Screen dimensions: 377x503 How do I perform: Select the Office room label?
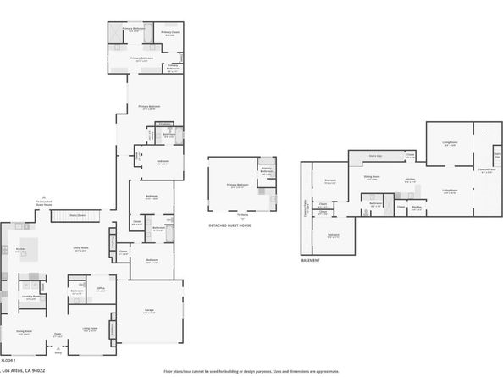(x=101, y=291)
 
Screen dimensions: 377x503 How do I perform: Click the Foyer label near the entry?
(x=58, y=335)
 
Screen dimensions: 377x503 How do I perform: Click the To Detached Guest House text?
(x=44, y=202)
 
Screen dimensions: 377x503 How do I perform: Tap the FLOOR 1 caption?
(x=8, y=361)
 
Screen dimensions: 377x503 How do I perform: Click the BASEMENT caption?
(x=311, y=260)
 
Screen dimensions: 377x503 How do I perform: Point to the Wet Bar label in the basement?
(x=417, y=207)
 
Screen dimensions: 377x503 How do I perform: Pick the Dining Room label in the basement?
(x=372, y=177)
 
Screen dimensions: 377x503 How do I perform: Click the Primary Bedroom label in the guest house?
(x=237, y=185)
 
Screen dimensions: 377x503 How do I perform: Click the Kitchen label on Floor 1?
(x=20, y=250)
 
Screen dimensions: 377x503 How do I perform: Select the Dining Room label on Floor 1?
(x=23, y=331)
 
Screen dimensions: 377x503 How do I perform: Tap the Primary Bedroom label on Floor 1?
(x=149, y=106)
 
